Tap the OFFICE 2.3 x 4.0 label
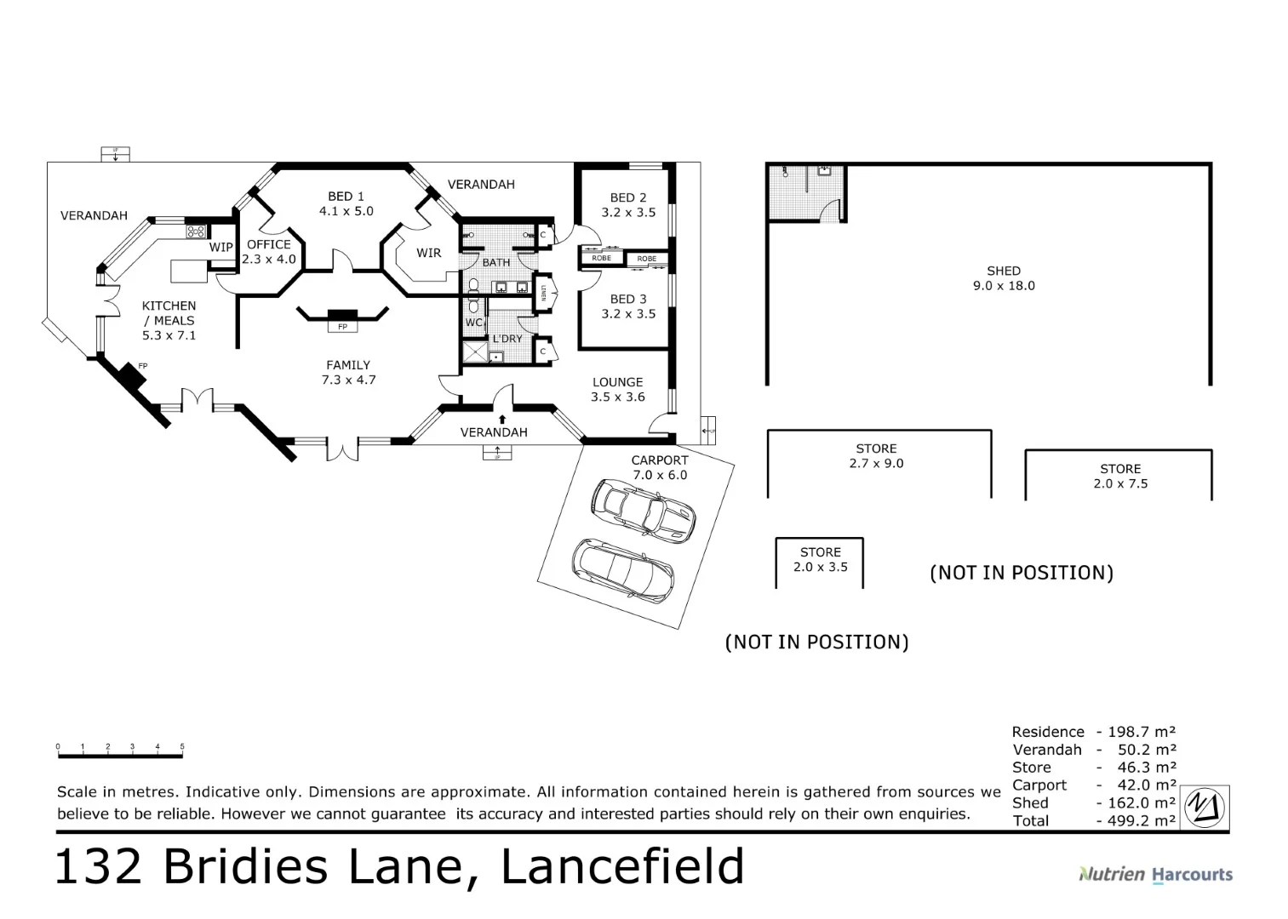coord(269,252)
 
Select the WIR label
coord(428,253)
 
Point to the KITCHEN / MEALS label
coord(169,320)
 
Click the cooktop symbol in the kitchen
coord(197,231)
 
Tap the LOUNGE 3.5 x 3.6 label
coord(617,390)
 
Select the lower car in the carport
coord(622,570)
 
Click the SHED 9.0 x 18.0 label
coord(1004,278)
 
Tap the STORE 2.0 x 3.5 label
coord(820,560)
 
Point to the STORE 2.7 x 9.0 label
coord(876,456)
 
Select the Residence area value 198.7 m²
coord(1141,732)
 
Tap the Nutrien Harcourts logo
coord(1155,874)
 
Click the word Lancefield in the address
coord(622,867)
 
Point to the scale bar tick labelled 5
coord(182,747)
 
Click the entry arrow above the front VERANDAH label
coord(502,419)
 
